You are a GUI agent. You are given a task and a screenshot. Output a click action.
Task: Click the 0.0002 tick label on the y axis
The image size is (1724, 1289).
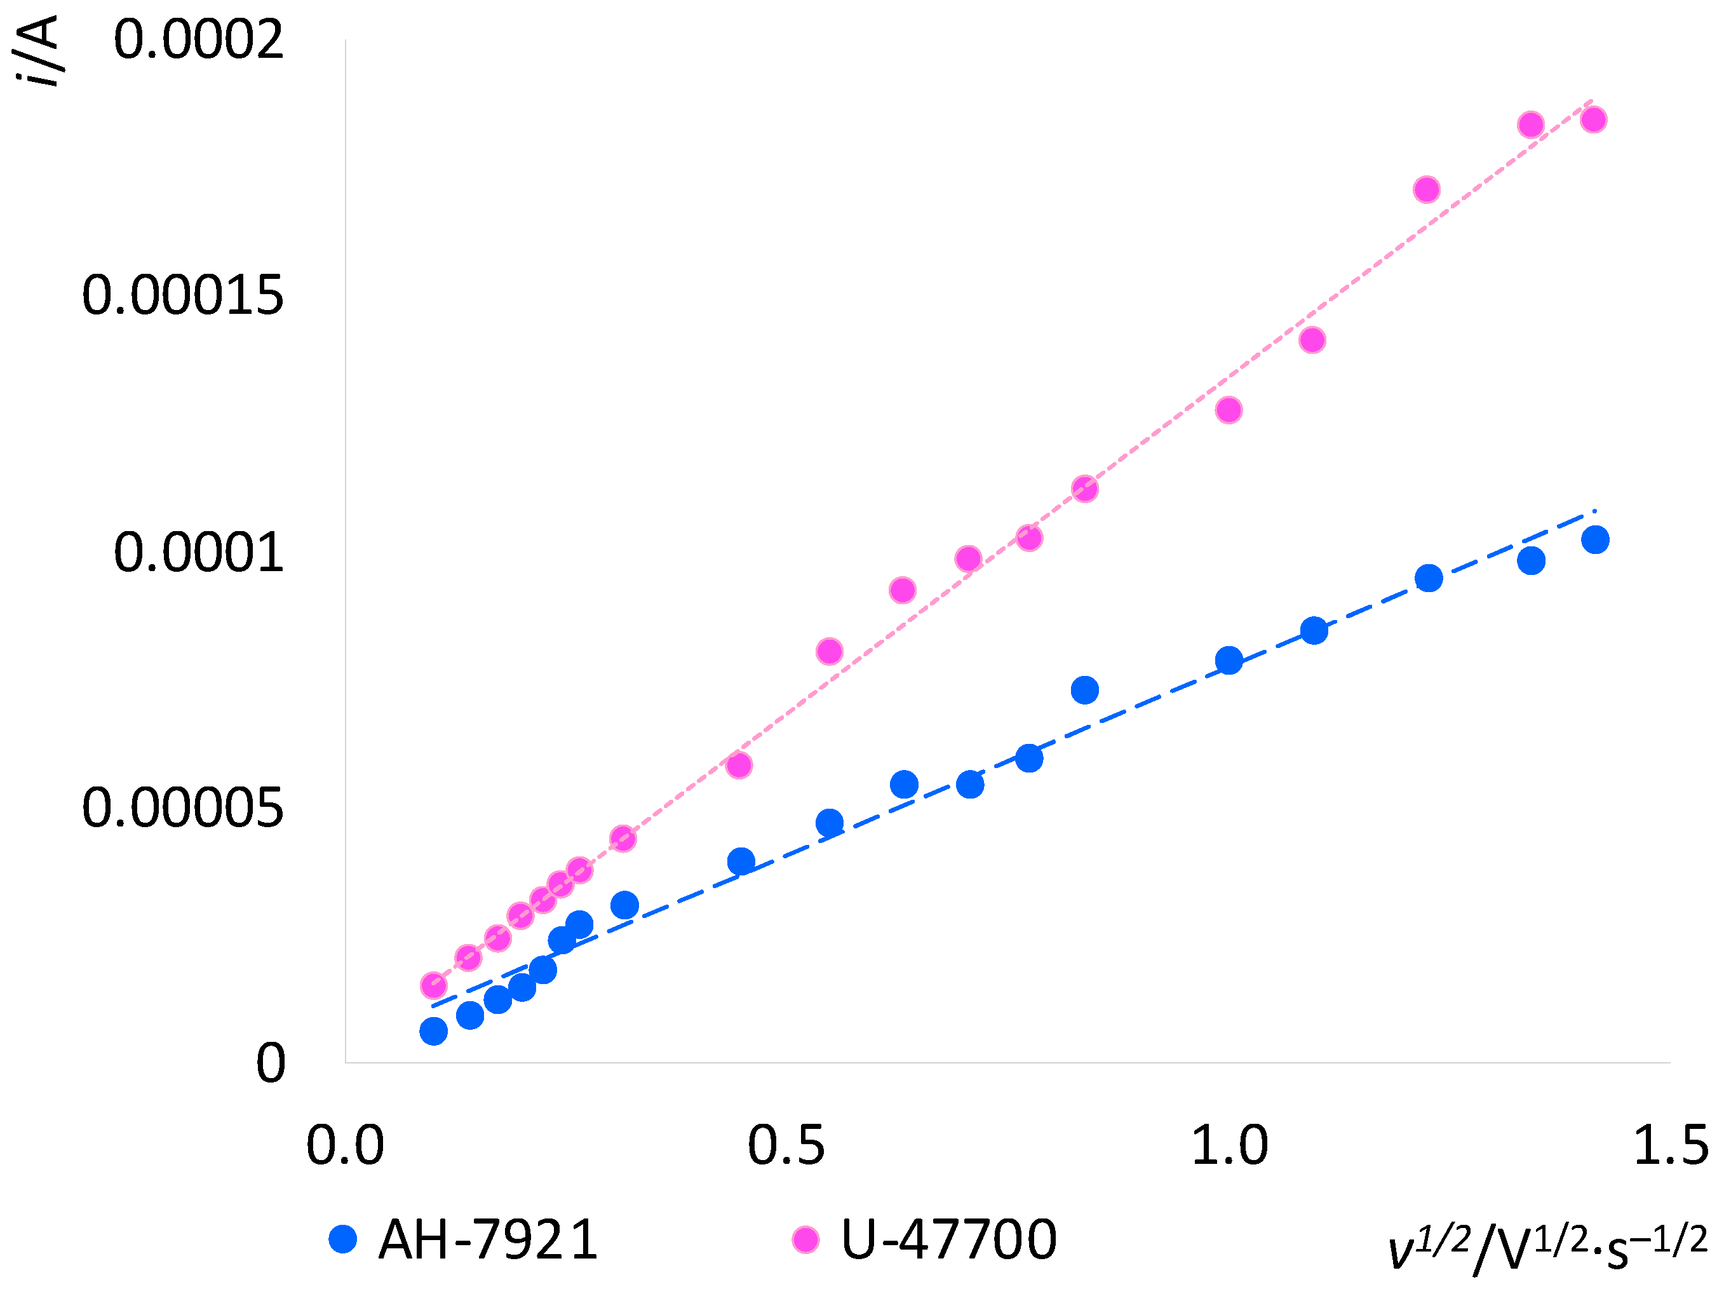pyautogui.click(x=198, y=41)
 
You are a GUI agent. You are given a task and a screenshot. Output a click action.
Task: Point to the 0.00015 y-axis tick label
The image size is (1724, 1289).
pyautogui.click(x=182, y=296)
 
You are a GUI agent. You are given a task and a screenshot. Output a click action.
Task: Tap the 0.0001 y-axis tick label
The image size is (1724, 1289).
pyautogui.click(x=198, y=553)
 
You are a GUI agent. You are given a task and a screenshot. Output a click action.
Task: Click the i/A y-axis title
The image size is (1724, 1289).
pyautogui.click(x=37, y=51)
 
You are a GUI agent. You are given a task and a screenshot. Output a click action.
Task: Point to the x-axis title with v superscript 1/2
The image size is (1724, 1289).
pyautogui.click(x=1547, y=1246)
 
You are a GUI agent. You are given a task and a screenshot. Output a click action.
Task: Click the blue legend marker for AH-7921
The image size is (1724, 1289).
pyautogui.click(x=343, y=1238)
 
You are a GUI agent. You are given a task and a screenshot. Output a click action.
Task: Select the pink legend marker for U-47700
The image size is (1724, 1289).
pyautogui.click(x=805, y=1238)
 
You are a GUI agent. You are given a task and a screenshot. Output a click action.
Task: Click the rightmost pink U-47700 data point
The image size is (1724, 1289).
pyautogui.click(x=1593, y=119)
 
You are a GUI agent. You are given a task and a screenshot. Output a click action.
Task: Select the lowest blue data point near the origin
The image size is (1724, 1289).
pyautogui.click(x=433, y=1032)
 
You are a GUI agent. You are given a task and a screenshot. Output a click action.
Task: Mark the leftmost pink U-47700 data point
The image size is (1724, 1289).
pyautogui.click(x=433, y=985)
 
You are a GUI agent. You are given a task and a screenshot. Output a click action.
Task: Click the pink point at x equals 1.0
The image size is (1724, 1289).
pyautogui.click(x=1229, y=410)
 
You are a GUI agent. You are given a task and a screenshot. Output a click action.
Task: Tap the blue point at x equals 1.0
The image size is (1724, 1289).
pyautogui.click(x=1229, y=661)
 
